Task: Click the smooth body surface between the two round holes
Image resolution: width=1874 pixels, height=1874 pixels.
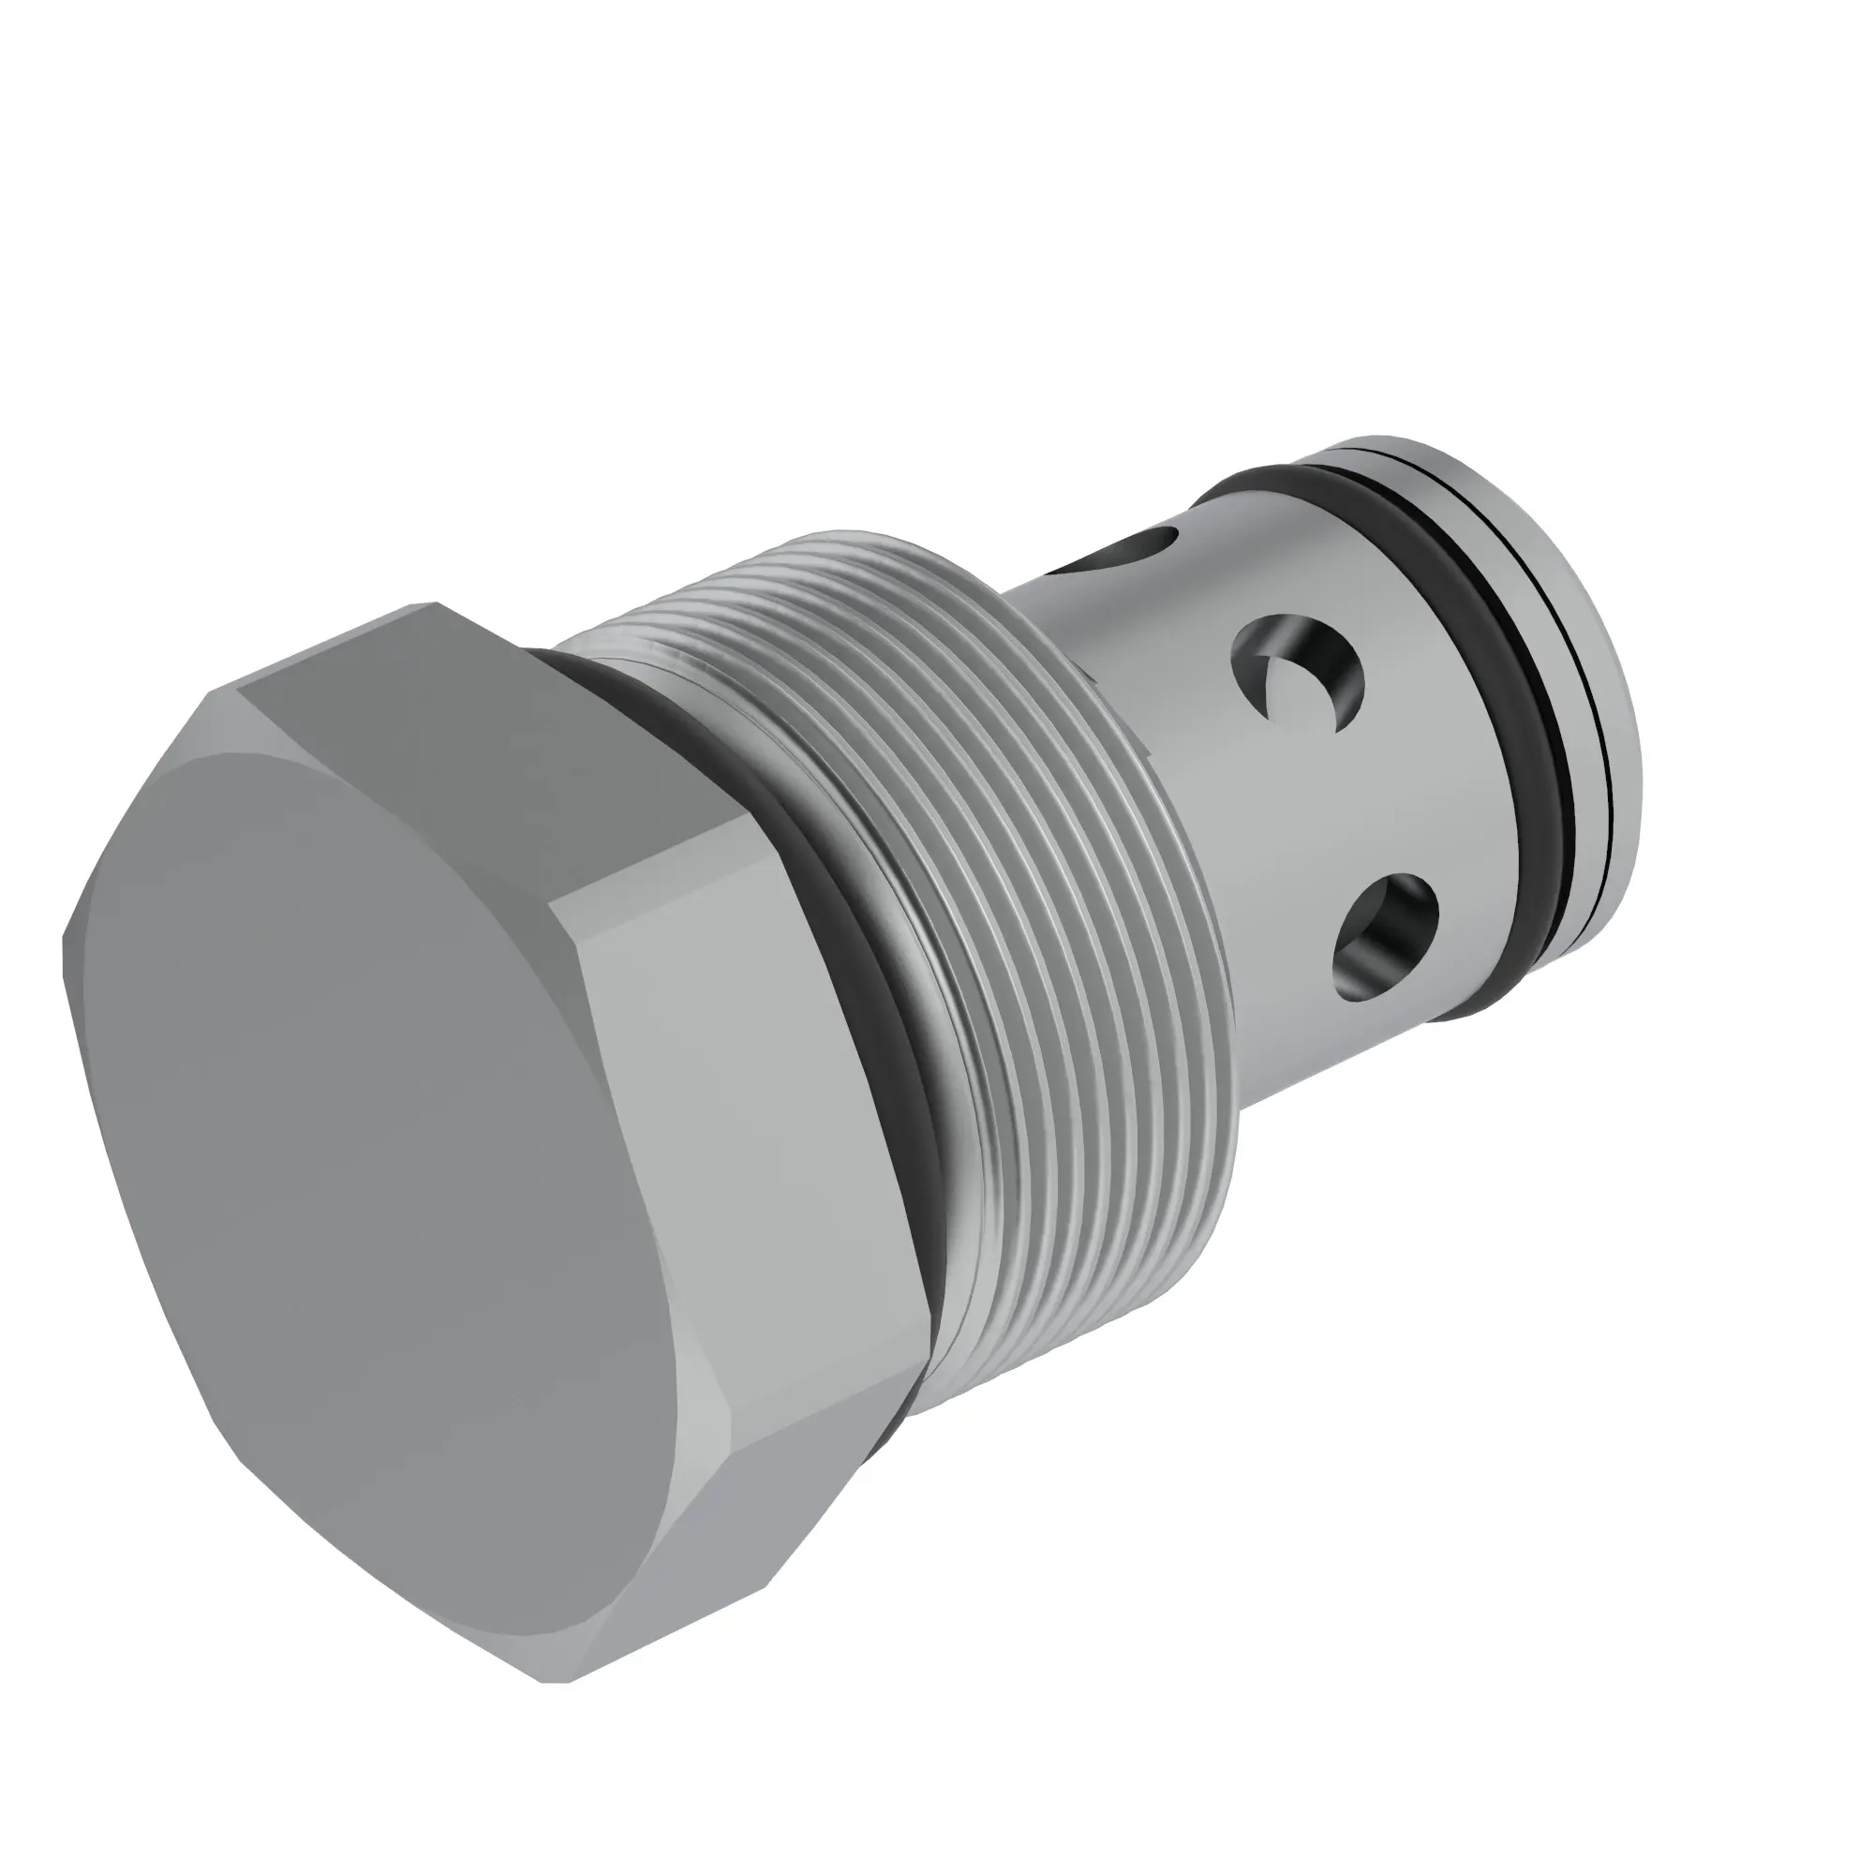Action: pos(1329,815)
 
